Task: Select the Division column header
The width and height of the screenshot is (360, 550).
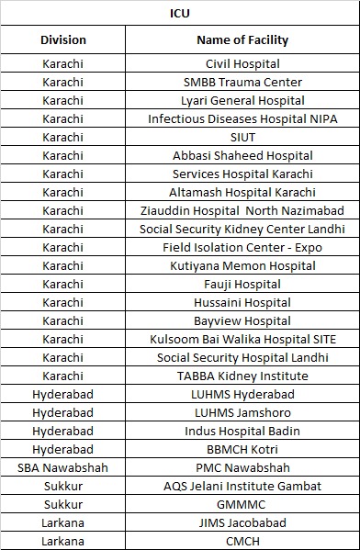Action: pos(63,39)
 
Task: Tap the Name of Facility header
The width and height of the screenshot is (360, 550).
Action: pos(242,39)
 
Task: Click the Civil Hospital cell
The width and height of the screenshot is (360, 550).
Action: pos(242,64)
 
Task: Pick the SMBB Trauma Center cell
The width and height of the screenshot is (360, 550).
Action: pos(242,83)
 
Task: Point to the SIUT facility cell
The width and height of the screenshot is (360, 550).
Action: pos(242,138)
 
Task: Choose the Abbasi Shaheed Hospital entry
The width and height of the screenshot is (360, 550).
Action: pos(242,156)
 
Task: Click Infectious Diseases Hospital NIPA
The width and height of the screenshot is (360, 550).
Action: pos(242,119)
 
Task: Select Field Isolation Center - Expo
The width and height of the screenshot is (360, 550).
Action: pos(242,248)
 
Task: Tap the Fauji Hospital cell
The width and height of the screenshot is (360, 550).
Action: pos(242,285)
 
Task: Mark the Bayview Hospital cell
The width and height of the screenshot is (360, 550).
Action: pos(242,321)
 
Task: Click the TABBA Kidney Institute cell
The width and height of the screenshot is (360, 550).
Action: pos(242,376)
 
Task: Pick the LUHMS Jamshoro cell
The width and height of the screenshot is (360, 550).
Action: pos(242,413)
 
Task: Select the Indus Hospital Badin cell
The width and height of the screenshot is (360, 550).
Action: pos(242,432)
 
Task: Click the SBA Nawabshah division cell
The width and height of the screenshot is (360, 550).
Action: pos(63,468)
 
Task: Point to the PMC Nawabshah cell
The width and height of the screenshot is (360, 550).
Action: pos(242,468)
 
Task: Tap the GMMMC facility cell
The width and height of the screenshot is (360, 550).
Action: pos(242,505)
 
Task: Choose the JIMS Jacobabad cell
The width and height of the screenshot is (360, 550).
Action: pos(242,523)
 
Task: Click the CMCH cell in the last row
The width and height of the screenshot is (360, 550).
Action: pos(242,541)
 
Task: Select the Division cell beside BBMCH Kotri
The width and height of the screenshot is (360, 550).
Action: pos(63,450)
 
